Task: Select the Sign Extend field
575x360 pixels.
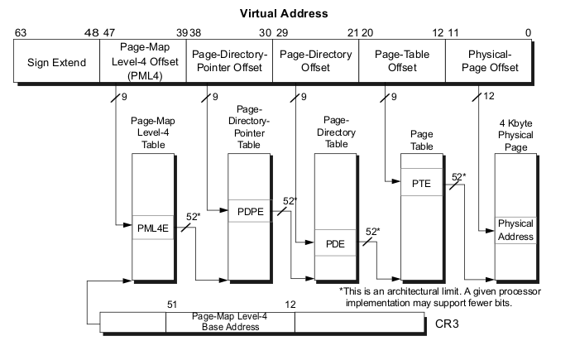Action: [57, 61]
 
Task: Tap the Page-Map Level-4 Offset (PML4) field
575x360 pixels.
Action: [143, 61]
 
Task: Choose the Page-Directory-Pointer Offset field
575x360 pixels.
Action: [229, 61]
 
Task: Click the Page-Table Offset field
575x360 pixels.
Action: [401, 61]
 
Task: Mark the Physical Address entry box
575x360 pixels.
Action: [515, 229]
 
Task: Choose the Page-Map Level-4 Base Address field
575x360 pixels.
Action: [230, 321]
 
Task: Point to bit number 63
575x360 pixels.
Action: [22, 32]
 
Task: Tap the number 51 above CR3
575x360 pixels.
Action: [172, 304]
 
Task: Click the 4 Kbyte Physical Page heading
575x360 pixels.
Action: [515, 132]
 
